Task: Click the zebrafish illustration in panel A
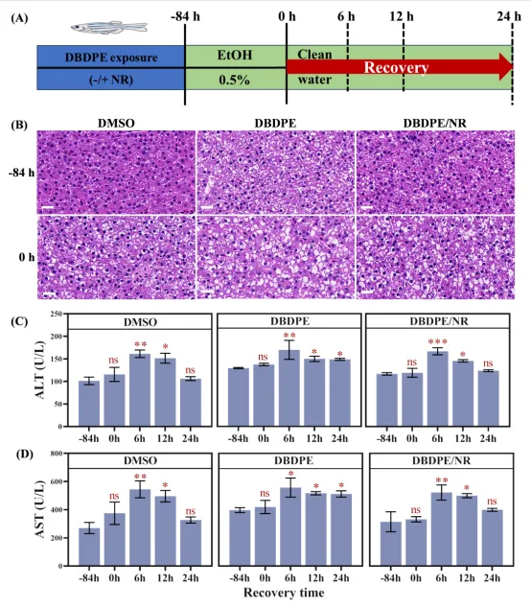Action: (x=109, y=27)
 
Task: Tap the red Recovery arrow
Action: (x=400, y=67)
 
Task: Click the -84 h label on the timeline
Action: (x=185, y=16)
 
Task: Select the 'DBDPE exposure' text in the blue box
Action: (x=111, y=58)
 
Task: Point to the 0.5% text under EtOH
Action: (x=234, y=80)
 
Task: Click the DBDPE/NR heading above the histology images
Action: (x=435, y=124)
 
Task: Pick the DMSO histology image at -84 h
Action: (x=116, y=173)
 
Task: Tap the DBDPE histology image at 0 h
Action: (x=276, y=257)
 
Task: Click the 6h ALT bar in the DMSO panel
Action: (x=140, y=389)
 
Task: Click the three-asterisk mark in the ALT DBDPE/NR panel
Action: (x=438, y=342)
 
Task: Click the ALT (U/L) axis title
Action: (x=40, y=370)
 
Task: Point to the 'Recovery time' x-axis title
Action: (x=284, y=593)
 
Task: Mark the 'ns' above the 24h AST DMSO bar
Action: (x=191, y=511)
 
